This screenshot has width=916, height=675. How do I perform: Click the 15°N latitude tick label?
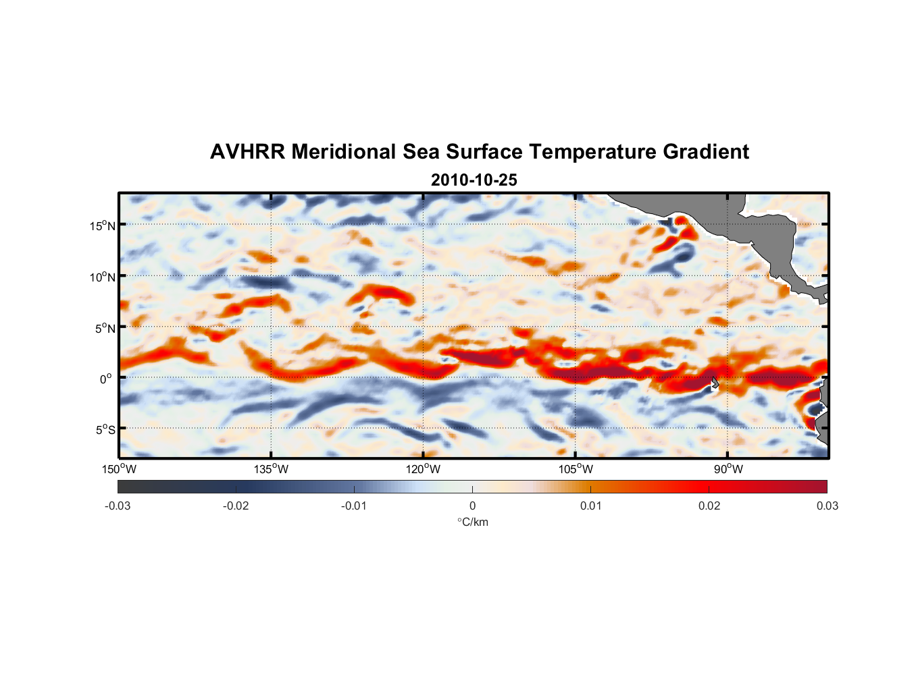[x=102, y=225]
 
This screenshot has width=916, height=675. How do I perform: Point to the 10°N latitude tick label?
[x=102, y=277]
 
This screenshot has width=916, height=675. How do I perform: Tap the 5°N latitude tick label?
[x=104, y=328]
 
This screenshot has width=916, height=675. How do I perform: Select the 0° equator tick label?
[x=106, y=379]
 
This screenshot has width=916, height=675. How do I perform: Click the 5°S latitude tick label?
[x=104, y=429]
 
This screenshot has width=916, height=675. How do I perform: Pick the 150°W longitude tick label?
[x=119, y=469]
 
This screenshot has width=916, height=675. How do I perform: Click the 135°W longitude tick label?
[x=271, y=469]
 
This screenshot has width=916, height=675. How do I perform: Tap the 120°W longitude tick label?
[x=423, y=469]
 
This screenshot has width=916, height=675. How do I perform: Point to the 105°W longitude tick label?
[x=576, y=469]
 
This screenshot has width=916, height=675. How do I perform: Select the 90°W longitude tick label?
[x=728, y=469]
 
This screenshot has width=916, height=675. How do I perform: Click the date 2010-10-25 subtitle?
[x=474, y=180]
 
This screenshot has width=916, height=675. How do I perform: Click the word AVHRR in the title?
[x=247, y=152]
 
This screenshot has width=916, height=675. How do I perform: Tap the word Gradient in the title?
[x=706, y=152]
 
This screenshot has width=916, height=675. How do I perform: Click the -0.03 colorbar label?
[x=118, y=506]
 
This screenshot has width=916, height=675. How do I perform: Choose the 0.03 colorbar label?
[x=827, y=506]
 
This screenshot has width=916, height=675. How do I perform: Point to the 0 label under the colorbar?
[x=472, y=506]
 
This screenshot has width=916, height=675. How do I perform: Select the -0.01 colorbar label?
[x=354, y=506]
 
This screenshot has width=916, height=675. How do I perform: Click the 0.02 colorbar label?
[x=709, y=506]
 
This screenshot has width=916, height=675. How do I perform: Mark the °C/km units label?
[x=472, y=522]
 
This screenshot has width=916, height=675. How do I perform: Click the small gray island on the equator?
[x=714, y=383]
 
